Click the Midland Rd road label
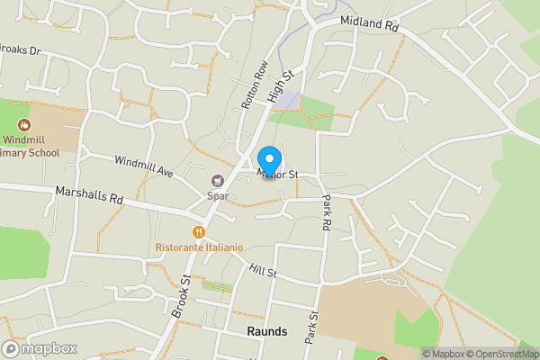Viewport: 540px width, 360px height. tap(369, 23)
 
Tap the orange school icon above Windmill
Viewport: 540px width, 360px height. tap(24, 125)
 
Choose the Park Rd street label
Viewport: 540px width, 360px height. tap(327, 213)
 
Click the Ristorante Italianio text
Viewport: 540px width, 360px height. tap(199, 247)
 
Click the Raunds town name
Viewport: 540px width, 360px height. tap(266, 331)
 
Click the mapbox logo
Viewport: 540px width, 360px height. tap(40, 348)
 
